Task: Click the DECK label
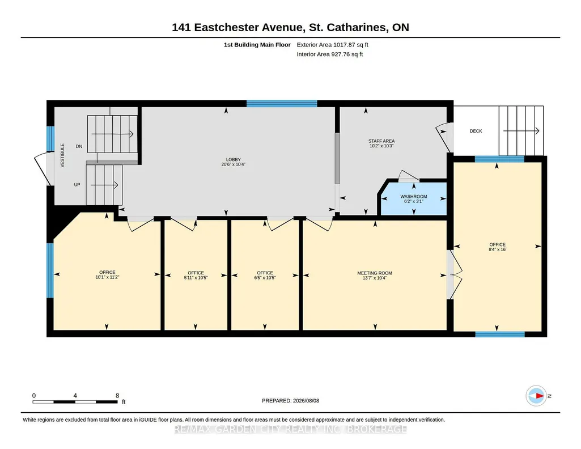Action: click(476, 131)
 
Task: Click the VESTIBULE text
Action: click(62, 155)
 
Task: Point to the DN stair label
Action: click(79, 146)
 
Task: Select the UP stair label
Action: click(77, 184)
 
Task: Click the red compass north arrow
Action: click(540, 396)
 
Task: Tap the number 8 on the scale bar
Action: click(117, 396)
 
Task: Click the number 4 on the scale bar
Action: click(75, 396)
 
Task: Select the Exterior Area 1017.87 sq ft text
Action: click(332, 45)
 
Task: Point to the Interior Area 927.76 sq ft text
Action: click(330, 54)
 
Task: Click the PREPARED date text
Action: click(290, 400)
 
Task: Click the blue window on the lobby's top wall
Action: click(282, 103)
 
